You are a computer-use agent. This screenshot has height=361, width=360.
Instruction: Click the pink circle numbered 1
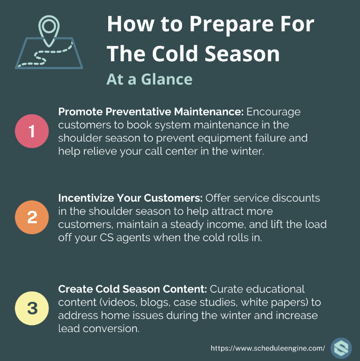coord(32,131)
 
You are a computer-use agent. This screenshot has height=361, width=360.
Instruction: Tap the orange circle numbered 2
coord(32,217)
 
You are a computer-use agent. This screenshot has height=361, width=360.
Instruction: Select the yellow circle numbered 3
coord(32,308)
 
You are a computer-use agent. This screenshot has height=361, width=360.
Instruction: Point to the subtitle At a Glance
coord(149,79)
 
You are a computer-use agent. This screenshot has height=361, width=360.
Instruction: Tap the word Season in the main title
coord(242,54)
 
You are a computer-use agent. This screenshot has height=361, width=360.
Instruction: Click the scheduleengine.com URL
coord(268,348)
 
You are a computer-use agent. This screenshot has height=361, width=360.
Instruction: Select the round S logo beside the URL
coord(341,348)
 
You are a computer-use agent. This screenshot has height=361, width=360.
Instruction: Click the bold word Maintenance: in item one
coord(209,112)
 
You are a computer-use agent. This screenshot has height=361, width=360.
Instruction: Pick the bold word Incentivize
coord(86,198)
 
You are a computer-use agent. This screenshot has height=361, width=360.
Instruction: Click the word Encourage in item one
coord(273,112)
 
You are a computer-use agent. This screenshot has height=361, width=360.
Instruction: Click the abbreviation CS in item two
coord(107,237)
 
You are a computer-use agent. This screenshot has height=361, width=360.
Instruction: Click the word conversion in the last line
coord(111,328)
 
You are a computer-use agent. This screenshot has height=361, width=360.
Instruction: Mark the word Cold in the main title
coord(175,54)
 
